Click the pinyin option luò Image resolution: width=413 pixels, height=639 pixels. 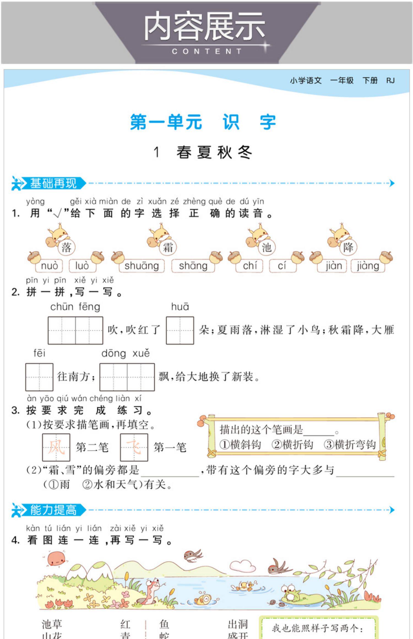pyautogui.click(x=82, y=266)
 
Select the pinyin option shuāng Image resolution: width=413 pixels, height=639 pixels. pyautogui.click(x=142, y=266)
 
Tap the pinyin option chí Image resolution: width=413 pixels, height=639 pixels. pyautogui.click(x=250, y=266)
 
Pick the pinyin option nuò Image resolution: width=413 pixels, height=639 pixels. pyautogui.click(x=49, y=266)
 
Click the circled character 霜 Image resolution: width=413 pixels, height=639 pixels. pyautogui.click(x=168, y=247)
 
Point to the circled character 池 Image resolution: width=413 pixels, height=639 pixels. pyautogui.click(x=267, y=247)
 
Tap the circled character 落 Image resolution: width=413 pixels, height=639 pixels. pyautogui.click(x=66, y=247)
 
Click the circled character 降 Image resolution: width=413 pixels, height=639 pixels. pyautogui.click(x=348, y=247)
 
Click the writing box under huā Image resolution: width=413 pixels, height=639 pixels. pyautogui.click(x=180, y=330)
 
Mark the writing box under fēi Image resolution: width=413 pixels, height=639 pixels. pyautogui.click(x=39, y=377)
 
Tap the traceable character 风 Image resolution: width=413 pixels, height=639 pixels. pyautogui.click(x=56, y=447)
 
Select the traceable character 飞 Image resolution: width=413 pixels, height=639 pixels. pyautogui.click(x=134, y=447)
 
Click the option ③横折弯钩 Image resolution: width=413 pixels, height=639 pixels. pyautogui.click(x=350, y=444)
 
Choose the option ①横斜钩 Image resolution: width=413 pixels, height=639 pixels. pyautogui.click(x=240, y=444)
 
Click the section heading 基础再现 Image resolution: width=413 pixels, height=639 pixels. pyautogui.click(x=53, y=183)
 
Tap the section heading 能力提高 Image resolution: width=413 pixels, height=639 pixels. pyautogui.click(x=53, y=510)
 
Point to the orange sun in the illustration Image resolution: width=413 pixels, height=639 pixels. pyautogui.click(x=56, y=558)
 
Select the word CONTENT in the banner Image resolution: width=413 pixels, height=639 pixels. pyautogui.click(x=206, y=51)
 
